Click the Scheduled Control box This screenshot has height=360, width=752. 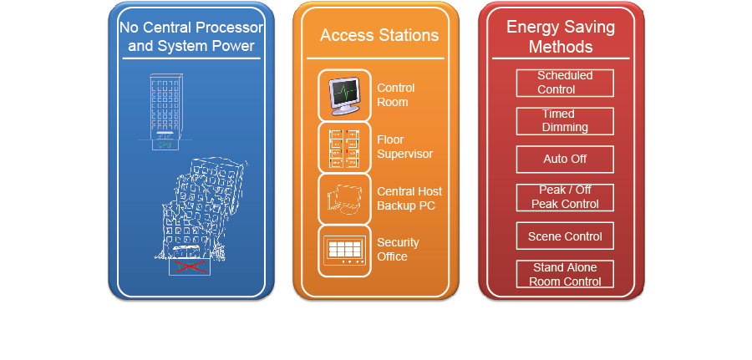565,83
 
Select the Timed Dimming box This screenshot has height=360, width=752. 565,121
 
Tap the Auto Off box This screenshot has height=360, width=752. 565,160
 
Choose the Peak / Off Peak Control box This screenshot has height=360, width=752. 565,197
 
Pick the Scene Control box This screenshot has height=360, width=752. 565,236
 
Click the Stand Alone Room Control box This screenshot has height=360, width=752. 565,274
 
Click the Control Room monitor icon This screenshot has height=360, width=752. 344,96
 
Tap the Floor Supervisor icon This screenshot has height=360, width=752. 344,148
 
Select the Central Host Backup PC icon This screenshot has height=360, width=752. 344,199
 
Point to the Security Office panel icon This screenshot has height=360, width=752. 344,251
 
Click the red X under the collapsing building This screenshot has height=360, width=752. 190,266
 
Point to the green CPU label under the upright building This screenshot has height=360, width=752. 165,145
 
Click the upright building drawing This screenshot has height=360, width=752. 165,112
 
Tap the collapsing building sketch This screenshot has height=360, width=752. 201,211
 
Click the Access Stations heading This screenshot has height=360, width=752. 379,35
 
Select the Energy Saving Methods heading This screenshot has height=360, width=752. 561,37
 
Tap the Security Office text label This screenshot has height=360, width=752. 398,249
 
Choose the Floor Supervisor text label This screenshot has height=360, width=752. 404,147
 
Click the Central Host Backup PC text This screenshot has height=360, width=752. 409,199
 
